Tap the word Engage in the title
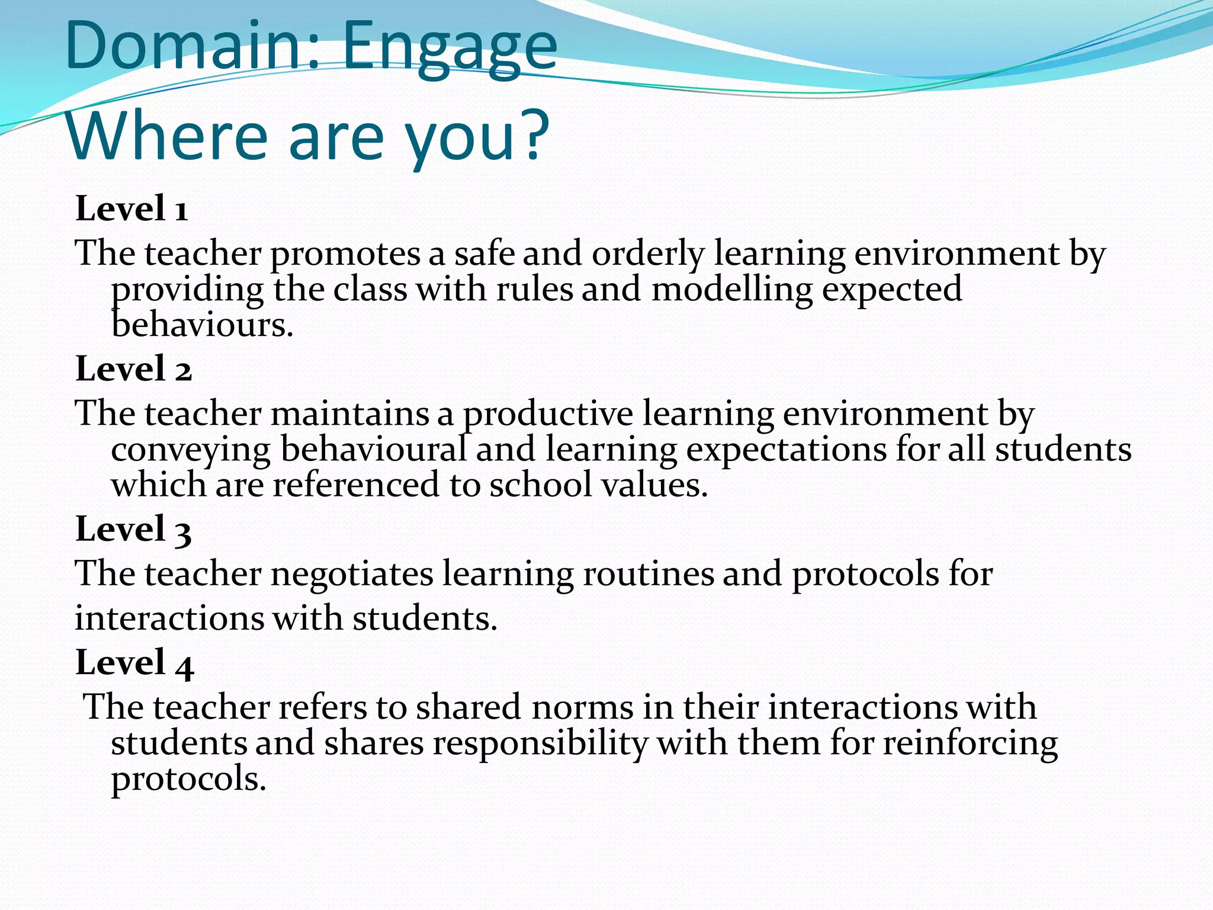click(x=450, y=49)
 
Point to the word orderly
click(x=648, y=255)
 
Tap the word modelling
click(x=731, y=290)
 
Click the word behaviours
click(x=202, y=325)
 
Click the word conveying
click(x=191, y=450)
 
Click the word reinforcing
click(x=970, y=744)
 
